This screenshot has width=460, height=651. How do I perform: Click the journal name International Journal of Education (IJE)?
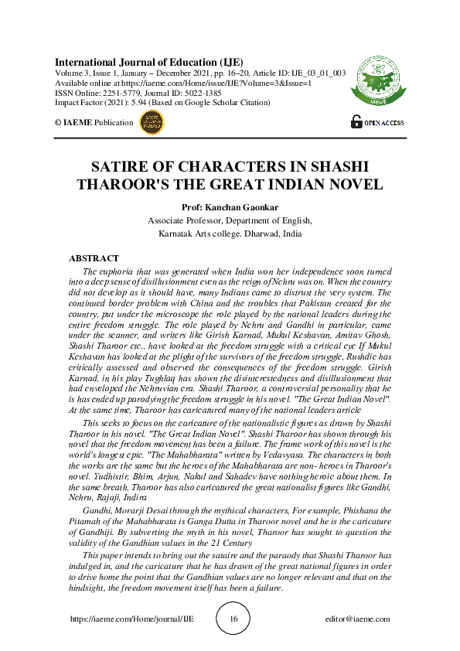pos(149,61)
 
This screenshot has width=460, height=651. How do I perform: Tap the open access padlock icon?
pos(356,121)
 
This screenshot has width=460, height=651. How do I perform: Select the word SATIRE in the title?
pos(124,168)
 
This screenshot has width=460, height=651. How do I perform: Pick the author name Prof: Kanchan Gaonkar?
pos(230,207)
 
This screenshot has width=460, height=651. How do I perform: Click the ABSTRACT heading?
pos(94,258)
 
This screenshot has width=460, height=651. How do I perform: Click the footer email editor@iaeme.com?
pos(358,619)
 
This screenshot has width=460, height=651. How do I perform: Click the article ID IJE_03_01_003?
pos(319,72)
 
